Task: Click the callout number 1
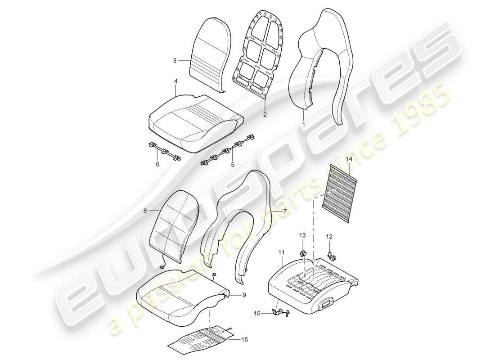[x=303, y=123]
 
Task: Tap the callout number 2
[x=265, y=114]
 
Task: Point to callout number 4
[x=175, y=81]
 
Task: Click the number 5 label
[x=233, y=165]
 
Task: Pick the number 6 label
[x=157, y=165]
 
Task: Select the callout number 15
[x=244, y=340]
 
